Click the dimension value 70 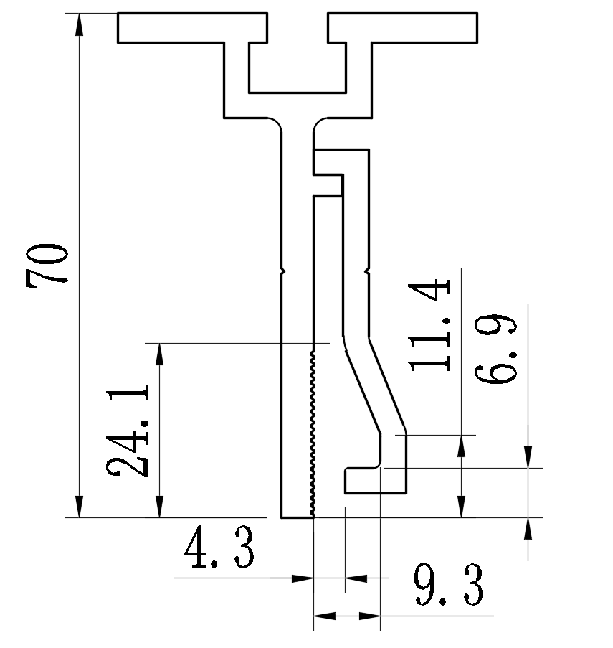point(47,266)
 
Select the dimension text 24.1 point(129,431)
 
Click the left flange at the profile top point(192,28)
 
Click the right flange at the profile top point(403,28)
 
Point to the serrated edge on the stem point(313,431)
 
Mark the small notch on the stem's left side point(282,271)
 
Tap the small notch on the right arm point(369,271)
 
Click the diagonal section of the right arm point(374,384)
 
